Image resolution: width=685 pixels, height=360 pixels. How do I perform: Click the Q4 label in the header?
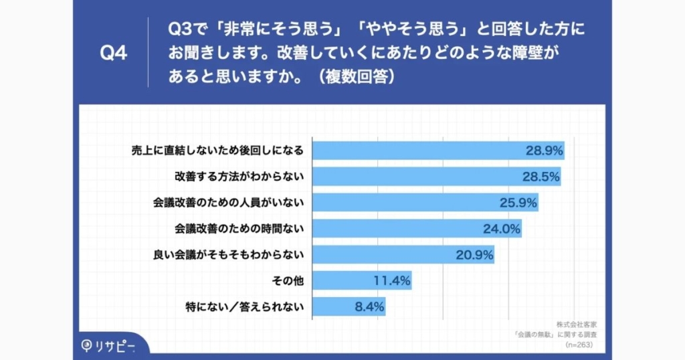click(113, 53)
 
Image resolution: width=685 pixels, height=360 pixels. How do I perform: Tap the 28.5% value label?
click(540, 177)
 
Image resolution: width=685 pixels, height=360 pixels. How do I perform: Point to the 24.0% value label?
click(502, 229)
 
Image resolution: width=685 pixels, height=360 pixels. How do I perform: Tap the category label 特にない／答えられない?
click(245, 307)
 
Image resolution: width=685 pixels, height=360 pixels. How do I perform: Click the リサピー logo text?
click(116, 346)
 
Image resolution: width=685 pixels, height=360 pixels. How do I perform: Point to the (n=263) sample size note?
click(579, 345)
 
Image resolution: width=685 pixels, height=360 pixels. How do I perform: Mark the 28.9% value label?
click(543, 151)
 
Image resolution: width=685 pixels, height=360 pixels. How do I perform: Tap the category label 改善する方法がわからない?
click(239, 177)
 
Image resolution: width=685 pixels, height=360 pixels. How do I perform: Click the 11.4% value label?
click(391, 281)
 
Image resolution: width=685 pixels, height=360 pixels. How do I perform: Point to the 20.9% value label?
click(474, 255)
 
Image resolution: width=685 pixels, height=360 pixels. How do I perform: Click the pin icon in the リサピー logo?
click(87, 346)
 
